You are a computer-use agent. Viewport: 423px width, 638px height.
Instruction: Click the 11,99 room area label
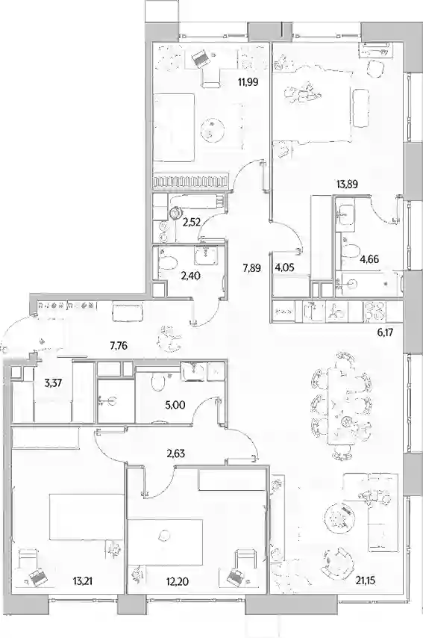point(248,82)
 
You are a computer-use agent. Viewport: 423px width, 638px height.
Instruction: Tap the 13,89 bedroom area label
point(347,185)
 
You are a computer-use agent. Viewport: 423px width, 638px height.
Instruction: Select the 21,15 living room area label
point(364,580)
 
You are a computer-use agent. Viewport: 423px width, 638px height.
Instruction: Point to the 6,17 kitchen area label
point(385,332)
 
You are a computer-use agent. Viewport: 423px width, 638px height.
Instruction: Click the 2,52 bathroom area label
point(191,222)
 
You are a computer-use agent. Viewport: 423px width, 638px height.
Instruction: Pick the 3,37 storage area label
point(53,383)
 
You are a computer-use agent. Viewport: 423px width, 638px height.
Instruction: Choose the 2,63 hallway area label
point(176,453)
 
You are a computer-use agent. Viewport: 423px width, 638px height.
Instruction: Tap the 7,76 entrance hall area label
point(119,346)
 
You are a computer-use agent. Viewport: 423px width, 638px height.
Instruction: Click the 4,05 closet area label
point(283,267)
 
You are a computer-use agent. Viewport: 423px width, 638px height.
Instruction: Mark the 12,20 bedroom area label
point(178,581)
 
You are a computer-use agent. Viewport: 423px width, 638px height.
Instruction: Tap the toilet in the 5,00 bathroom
point(157,382)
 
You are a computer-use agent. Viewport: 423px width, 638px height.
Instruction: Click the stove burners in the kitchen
point(375,312)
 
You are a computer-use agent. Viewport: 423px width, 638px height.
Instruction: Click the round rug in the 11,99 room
point(213,130)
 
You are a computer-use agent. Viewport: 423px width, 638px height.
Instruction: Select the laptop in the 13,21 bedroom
point(37,576)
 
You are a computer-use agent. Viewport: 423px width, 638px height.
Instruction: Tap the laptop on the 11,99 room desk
point(199,58)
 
